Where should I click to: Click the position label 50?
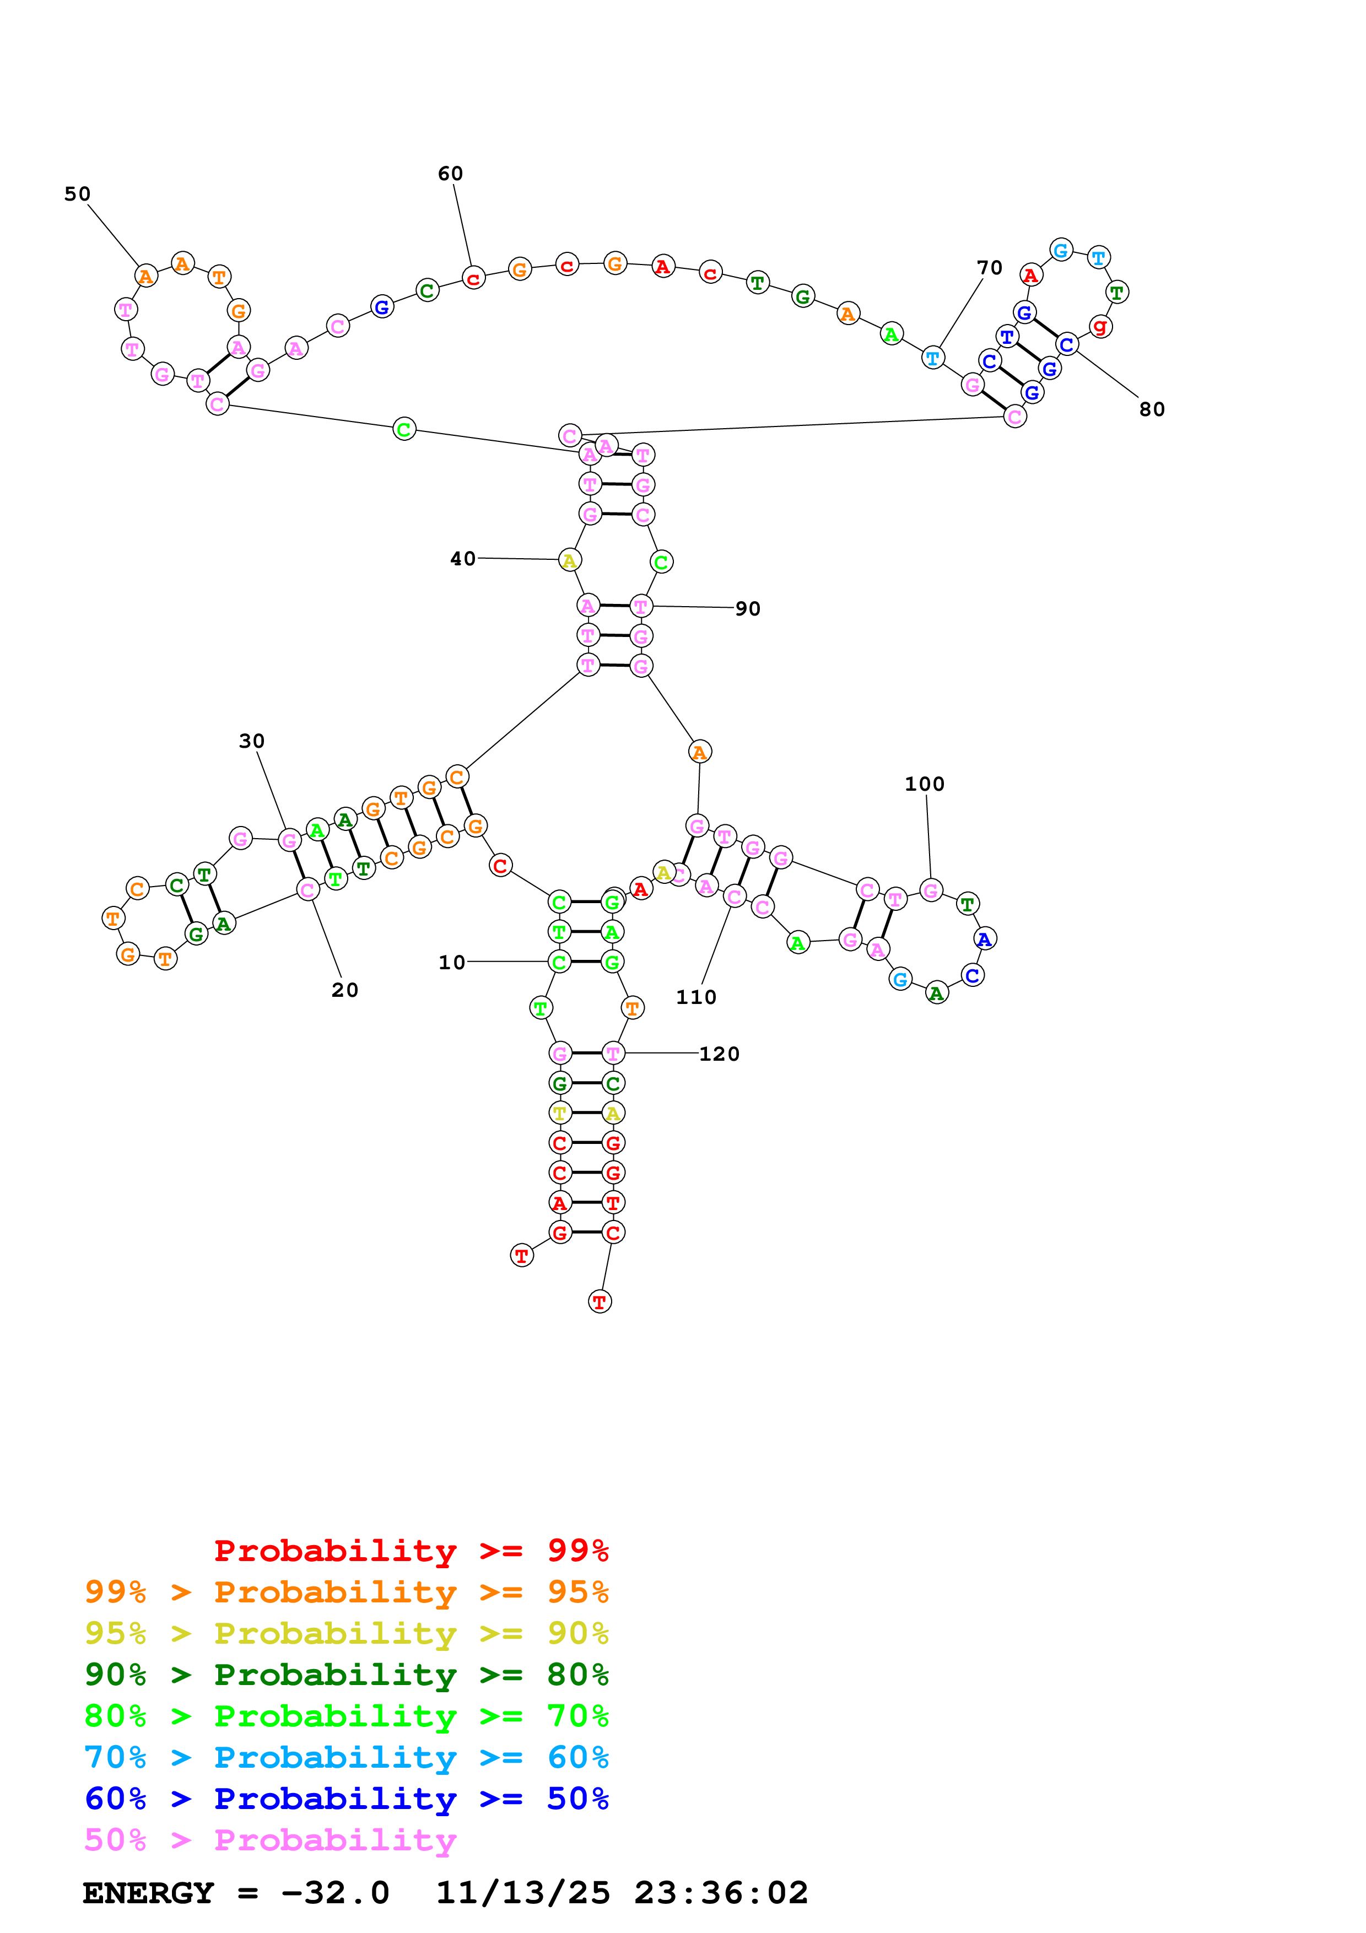[x=78, y=195]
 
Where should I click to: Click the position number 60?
[x=450, y=174]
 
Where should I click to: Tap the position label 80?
[x=1152, y=410]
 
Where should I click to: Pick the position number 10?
[x=451, y=962]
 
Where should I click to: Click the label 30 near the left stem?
[x=252, y=741]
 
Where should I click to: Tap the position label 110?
[x=696, y=998]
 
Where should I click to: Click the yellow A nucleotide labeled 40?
[x=570, y=561]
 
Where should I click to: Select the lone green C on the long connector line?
[x=404, y=429]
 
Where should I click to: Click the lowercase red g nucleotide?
[x=1100, y=327]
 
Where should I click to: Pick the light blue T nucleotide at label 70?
[x=932, y=358]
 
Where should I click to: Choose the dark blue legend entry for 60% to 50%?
[x=346, y=1799]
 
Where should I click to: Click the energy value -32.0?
[x=335, y=1893]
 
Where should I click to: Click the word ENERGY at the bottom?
[x=148, y=1893]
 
